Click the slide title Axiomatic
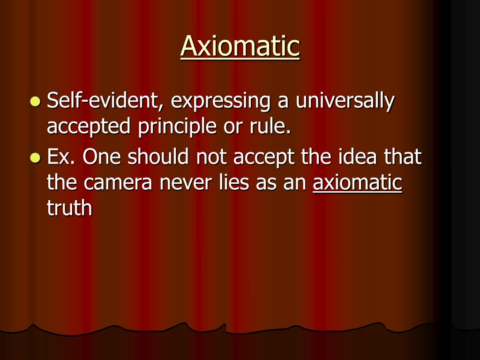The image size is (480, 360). (x=240, y=46)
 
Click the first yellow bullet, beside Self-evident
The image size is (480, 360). (x=35, y=101)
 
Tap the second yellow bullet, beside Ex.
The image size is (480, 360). (x=35, y=158)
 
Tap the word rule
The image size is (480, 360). (x=270, y=127)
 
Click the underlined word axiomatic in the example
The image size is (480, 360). (x=357, y=182)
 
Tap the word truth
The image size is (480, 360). (x=69, y=208)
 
